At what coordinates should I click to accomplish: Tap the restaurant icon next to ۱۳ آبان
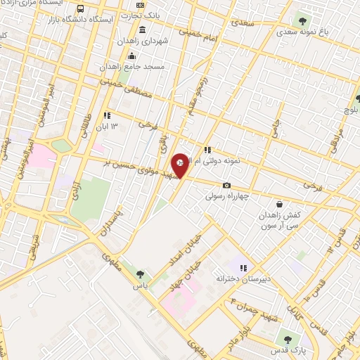point(107,115)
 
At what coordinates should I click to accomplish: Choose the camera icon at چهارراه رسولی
point(226,185)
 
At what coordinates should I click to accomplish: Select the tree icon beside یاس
point(140,274)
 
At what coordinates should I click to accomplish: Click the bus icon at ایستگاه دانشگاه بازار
point(81,9)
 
